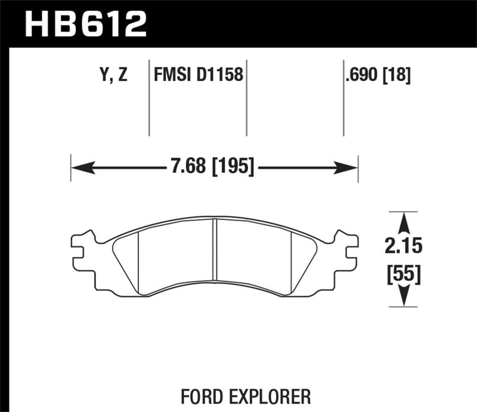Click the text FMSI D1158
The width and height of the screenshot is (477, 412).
(198, 75)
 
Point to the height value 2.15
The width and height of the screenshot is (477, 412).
(404, 246)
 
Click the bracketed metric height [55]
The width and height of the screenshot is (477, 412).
(404, 274)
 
